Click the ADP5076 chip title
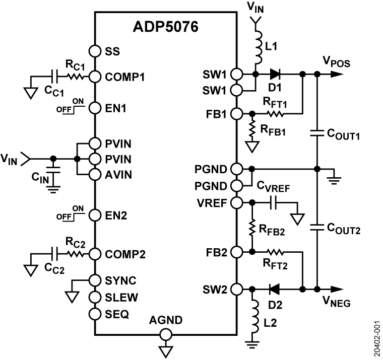pos(166,26)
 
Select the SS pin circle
pos(94,51)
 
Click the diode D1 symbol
pos(275,74)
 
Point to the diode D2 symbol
pos(275,290)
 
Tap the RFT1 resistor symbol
pos(275,114)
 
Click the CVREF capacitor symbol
pos(275,202)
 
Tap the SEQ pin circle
pos(94,314)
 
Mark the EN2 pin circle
pos(94,215)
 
